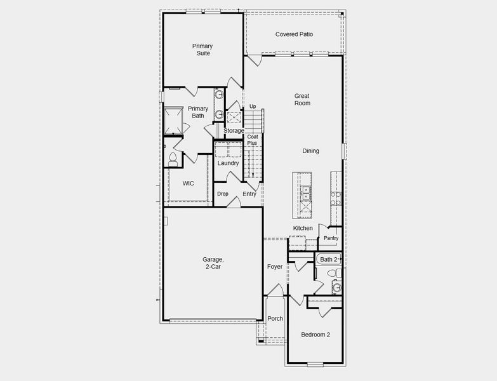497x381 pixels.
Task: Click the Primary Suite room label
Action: click(x=202, y=50)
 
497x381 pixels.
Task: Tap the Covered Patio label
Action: click(x=294, y=34)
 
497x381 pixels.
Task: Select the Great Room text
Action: click(x=302, y=99)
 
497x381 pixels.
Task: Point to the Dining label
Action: click(x=310, y=151)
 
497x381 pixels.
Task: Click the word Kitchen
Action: click(x=303, y=228)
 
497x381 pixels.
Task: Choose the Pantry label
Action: click(x=331, y=239)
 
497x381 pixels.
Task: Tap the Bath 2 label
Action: click(x=329, y=259)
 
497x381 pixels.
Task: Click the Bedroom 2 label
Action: click(x=315, y=335)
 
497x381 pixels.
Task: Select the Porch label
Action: click(x=275, y=319)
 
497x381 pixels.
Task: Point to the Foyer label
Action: click(x=275, y=267)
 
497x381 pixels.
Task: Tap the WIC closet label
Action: click(x=188, y=184)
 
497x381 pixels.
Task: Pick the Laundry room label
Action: click(x=228, y=163)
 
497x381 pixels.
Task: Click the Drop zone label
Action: click(x=223, y=194)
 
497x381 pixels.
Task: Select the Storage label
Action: click(x=234, y=131)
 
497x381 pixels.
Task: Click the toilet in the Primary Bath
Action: click(x=173, y=158)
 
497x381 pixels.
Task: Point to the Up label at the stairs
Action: click(x=253, y=106)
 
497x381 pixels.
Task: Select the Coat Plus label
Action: click(x=253, y=140)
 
